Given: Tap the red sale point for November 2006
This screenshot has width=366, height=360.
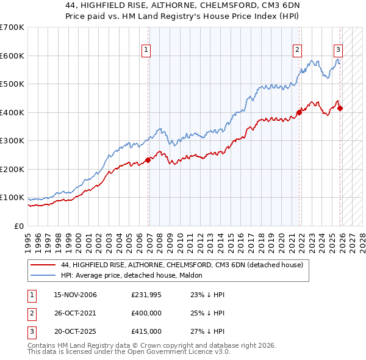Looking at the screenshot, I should click(x=148, y=160).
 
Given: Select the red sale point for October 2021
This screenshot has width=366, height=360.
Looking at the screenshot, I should click(x=300, y=112).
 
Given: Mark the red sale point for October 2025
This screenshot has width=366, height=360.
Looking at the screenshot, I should click(x=340, y=109).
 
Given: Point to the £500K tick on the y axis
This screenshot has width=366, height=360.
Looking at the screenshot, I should click(x=12, y=84).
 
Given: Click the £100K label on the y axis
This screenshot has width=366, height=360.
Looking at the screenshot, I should click(x=12, y=198).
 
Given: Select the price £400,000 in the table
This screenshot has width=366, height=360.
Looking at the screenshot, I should click(x=146, y=313).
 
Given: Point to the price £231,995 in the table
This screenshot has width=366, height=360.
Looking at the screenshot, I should click(x=146, y=295).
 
